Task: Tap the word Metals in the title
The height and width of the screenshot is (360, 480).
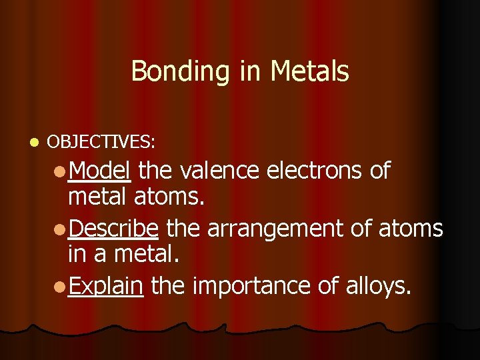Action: click(309, 71)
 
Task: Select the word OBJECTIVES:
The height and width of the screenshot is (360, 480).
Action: click(101, 142)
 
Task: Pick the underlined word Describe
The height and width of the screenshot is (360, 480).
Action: click(113, 229)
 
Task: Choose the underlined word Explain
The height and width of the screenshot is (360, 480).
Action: click(105, 286)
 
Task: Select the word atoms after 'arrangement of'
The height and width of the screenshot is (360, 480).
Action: click(410, 229)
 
